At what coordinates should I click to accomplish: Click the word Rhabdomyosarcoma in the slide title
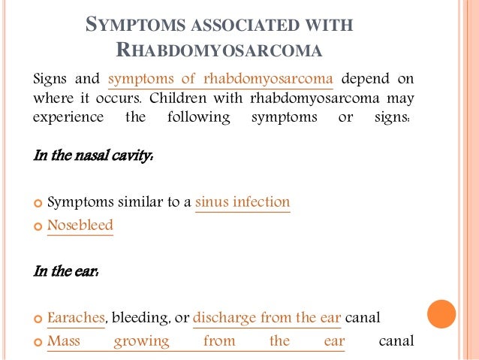[219, 50]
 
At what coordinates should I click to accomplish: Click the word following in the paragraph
[191, 119]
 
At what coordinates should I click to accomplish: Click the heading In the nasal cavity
[94, 157]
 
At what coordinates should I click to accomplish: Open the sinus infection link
[243, 202]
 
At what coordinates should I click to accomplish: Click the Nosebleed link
[80, 225]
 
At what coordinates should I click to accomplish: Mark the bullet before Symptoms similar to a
[39, 203]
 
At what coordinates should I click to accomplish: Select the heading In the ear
[67, 271]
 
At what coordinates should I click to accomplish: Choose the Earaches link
[75, 318]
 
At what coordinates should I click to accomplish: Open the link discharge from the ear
[267, 318]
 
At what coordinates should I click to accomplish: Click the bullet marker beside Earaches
[39, 319]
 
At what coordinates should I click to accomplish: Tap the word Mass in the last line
[64, 340]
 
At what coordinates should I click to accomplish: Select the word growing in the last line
[141, 341]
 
